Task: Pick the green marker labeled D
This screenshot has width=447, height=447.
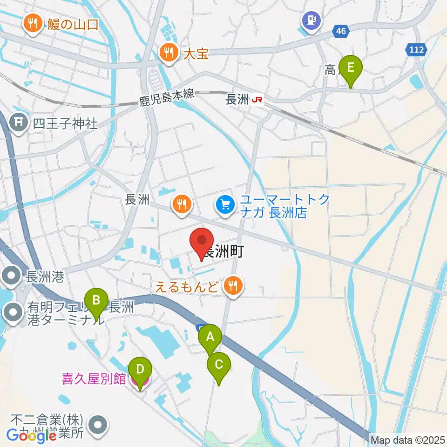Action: (x=139, y=371)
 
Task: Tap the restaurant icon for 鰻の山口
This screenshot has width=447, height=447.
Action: (x=33, y=23)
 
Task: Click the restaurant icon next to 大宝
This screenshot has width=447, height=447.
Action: (x=168, y=52)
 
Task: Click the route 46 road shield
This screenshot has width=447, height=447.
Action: (x=342, y=31)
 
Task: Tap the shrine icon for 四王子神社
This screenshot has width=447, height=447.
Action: (x=18, y=123)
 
